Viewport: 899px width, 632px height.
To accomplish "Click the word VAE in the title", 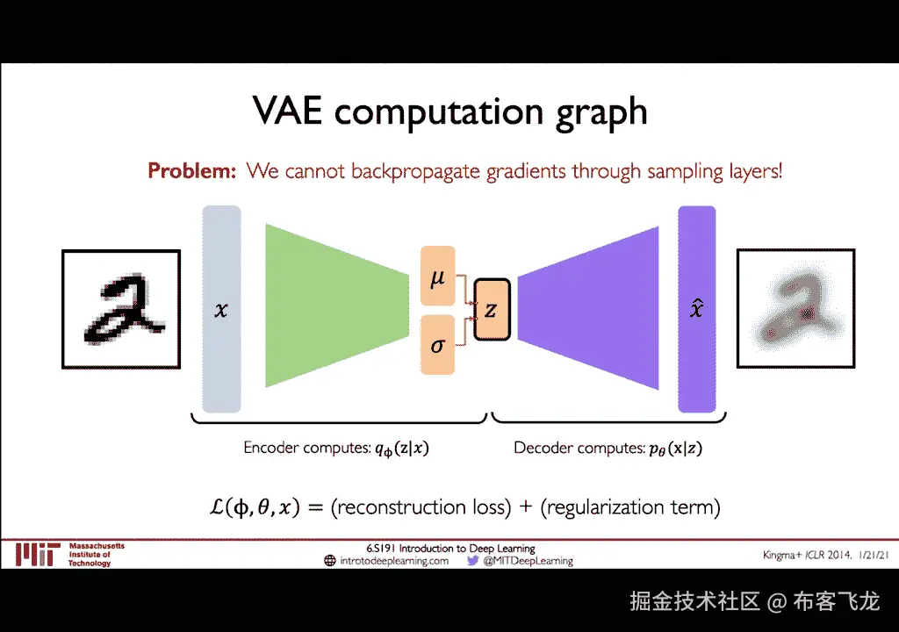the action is coord(287,110).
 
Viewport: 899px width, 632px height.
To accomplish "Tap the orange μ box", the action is coord(437,276).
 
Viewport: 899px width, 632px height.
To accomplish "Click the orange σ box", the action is coord(437,344).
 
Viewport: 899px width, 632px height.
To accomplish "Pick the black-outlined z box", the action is coord(492,310).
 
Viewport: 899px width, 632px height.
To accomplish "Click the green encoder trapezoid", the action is coord(336,305).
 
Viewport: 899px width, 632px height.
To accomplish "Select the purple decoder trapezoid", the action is coord(588,308).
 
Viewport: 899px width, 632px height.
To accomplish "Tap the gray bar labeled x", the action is coord(221,309).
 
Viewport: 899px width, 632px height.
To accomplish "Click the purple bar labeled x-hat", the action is coord(696,309).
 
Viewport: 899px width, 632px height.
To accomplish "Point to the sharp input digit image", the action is coord(121,309).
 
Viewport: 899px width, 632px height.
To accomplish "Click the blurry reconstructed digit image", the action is coord(795,309).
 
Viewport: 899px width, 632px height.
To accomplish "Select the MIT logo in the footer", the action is coord(38,555).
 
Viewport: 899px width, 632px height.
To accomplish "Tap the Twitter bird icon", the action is coord(472,560).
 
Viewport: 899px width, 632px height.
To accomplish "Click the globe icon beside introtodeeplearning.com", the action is coord(330,560).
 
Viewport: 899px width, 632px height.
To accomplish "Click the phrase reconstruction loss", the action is coord(421,507).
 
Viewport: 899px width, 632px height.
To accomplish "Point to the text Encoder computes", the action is coord(307,448).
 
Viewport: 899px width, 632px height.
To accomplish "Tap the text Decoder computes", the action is coord(579,448).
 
